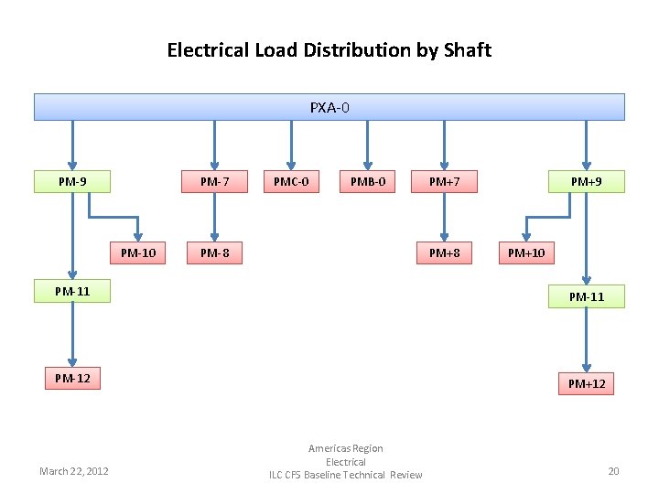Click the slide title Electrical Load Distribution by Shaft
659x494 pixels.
329,50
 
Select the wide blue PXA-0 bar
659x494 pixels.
329,107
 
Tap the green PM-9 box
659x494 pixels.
72,181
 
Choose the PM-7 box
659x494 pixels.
214,181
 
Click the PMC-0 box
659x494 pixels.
291,181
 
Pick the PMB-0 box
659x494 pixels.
368,181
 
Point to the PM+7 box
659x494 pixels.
444,181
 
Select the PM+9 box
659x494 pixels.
586,181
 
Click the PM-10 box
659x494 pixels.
138,252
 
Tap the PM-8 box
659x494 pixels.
214,252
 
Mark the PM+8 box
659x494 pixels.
444,252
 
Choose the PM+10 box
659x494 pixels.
526,252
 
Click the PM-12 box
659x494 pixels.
72,377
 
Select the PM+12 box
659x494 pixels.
586,383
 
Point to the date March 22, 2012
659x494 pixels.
74,471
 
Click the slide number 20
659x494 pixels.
613,471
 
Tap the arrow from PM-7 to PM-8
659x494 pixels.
214,217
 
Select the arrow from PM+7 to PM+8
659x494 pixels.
444,217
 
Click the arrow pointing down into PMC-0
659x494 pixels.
291,145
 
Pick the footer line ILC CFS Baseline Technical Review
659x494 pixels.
345,475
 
